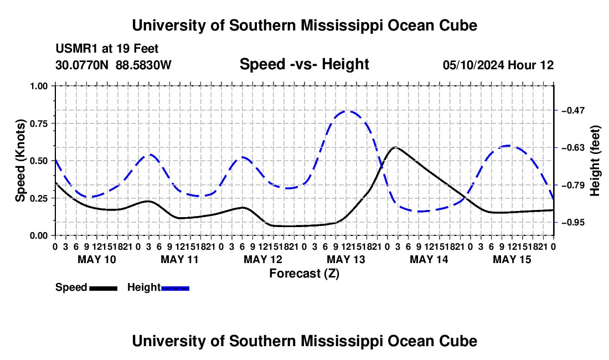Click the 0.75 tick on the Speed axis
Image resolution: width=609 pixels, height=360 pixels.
tap(54, 123)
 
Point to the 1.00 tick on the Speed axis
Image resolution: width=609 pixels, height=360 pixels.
tap(54, 86)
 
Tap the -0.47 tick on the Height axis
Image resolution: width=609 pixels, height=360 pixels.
tap(556, 110)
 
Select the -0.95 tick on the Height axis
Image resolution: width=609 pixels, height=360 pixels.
tap(556, 223)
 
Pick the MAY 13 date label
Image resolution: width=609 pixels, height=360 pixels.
tap(345, 259)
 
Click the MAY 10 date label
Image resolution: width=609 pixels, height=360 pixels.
tap(97, 259)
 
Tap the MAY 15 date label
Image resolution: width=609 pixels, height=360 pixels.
tap(512, 259)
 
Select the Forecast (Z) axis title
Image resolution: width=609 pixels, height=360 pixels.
tap(304, 274)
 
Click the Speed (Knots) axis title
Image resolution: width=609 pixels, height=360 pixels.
tap(20, 161)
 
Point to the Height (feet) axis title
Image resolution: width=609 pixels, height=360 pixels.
tap(595, 161)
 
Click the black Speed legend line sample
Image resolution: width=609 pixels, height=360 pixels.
tap(104, 288)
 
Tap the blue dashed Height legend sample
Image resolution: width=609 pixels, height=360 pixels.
tap(175, 288)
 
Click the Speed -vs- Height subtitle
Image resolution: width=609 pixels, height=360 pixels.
tap(304, 64)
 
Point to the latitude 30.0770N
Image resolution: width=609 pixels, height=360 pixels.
tap(82, 65)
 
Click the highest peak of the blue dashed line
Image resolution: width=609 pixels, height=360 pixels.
tap(347, 111)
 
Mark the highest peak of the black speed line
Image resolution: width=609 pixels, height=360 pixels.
tap(395, 147)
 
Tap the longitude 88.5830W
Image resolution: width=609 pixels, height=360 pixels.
tap(143, 65)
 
